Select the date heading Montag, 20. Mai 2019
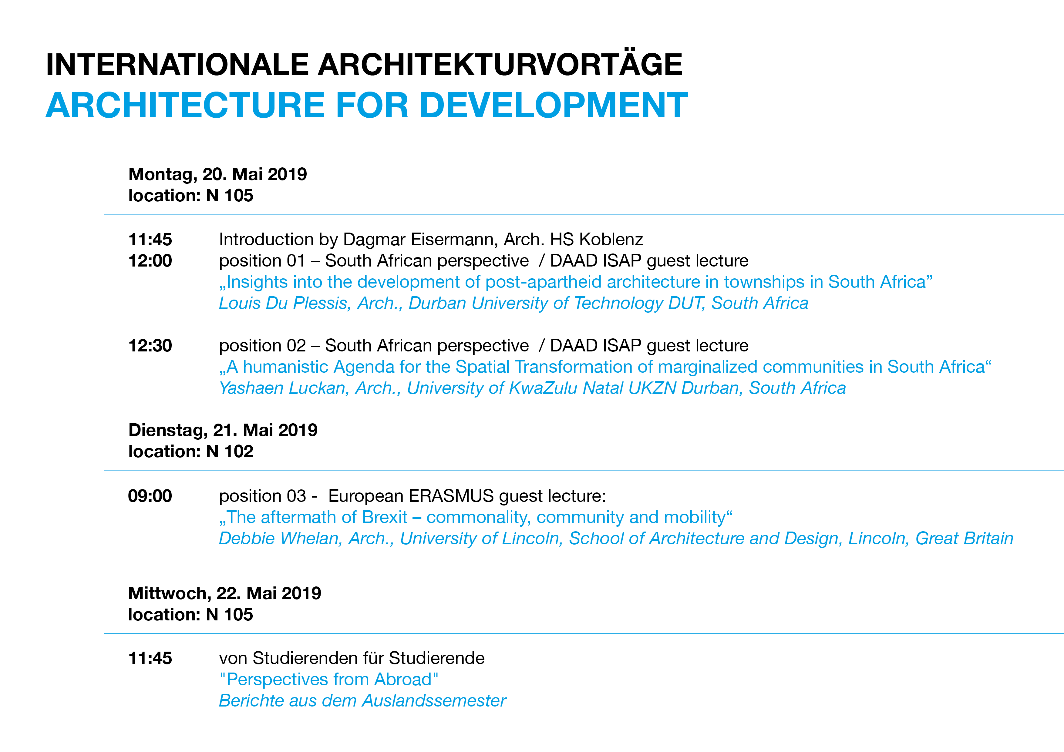(x=217, y=175)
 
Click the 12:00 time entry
(x=150, y=261)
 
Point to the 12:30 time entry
(x=150, y=346)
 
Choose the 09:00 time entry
(x=150, y=496)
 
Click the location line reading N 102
(x=191, y=451)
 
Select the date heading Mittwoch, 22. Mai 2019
(x=225, y=593)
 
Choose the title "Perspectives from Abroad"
(x=328, y=680)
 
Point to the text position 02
(x=262, y=346)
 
